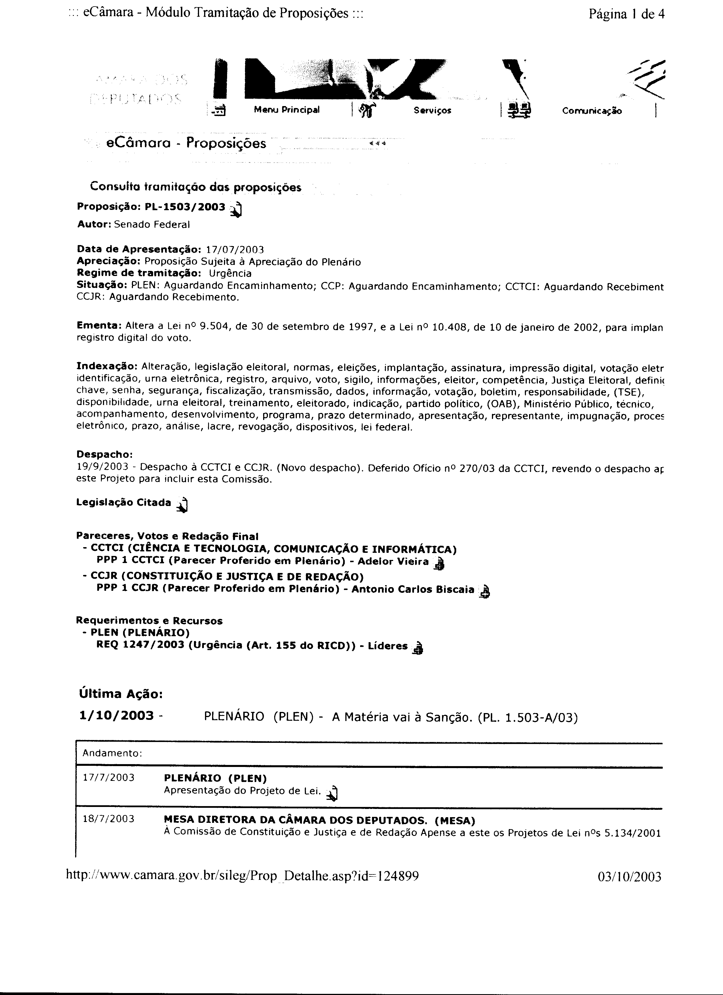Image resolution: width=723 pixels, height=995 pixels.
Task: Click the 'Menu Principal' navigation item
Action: (x=286, y=110)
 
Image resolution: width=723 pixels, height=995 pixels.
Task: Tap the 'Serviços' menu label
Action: (x=432, y=111)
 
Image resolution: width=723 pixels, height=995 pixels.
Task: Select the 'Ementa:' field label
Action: (x=99, y=326)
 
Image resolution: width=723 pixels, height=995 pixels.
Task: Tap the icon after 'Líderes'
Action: (x=418, y=648)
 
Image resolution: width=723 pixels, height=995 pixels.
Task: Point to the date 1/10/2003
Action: (x=117, y=716)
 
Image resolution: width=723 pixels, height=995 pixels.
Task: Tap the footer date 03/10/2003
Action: (x=629, y=876)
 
